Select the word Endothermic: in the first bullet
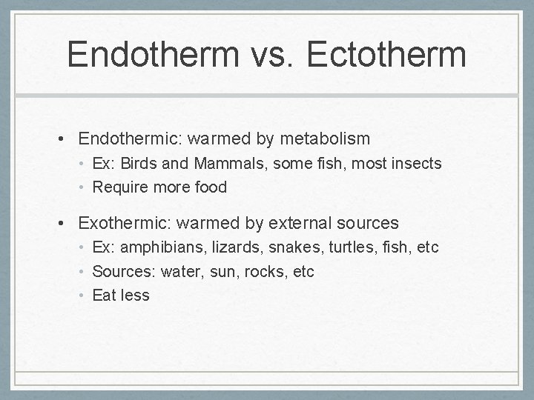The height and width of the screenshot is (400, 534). pos(131,139)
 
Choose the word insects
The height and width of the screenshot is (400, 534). pos(416,163)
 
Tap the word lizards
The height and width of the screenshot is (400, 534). pos(230,247)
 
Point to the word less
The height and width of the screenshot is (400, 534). pos(135,296)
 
